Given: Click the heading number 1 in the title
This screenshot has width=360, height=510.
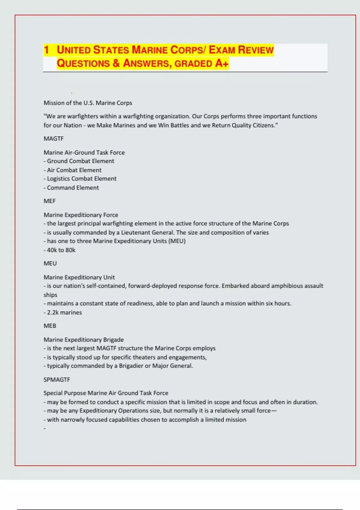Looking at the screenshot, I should (46, 50).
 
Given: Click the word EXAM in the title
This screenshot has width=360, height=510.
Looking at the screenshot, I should (222, 50).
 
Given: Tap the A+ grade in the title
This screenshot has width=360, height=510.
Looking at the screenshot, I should (222, 63).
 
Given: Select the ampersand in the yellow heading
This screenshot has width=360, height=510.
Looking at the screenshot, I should (116, 63).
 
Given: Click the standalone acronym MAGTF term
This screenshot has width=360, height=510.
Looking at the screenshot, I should (54, 139).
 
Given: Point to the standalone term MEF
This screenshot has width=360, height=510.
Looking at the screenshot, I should (49, 201).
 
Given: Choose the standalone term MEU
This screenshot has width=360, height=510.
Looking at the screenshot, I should (50, 263).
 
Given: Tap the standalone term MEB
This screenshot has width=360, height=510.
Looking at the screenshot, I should (50, 326).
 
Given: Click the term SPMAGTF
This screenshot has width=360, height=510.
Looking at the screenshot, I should (57, 379).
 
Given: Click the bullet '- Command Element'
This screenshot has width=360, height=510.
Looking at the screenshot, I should (71, 188).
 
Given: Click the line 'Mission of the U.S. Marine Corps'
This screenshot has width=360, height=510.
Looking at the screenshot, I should (88, 103).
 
